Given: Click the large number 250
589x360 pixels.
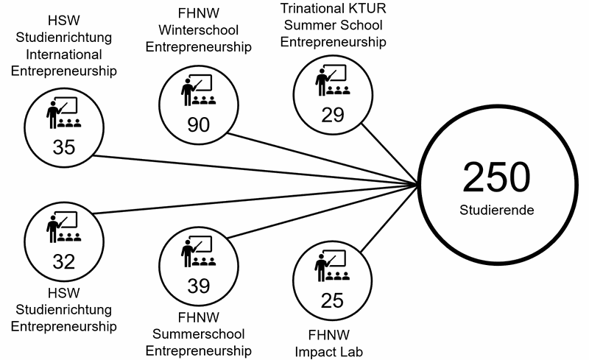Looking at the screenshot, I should click(495, 177).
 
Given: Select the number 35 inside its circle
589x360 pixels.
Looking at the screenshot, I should click(64, 147).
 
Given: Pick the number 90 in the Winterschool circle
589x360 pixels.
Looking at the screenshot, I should click(199, 124).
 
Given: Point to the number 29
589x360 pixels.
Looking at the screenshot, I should click(332, 114).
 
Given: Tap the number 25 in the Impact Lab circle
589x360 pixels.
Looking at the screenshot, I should click(332, 300).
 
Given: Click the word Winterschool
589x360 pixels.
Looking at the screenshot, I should click(199, 31).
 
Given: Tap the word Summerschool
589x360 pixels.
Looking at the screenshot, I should click(200, 333).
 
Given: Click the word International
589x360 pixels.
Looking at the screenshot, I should click(64, 54).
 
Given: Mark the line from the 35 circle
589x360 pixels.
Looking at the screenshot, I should click(258, 170).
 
